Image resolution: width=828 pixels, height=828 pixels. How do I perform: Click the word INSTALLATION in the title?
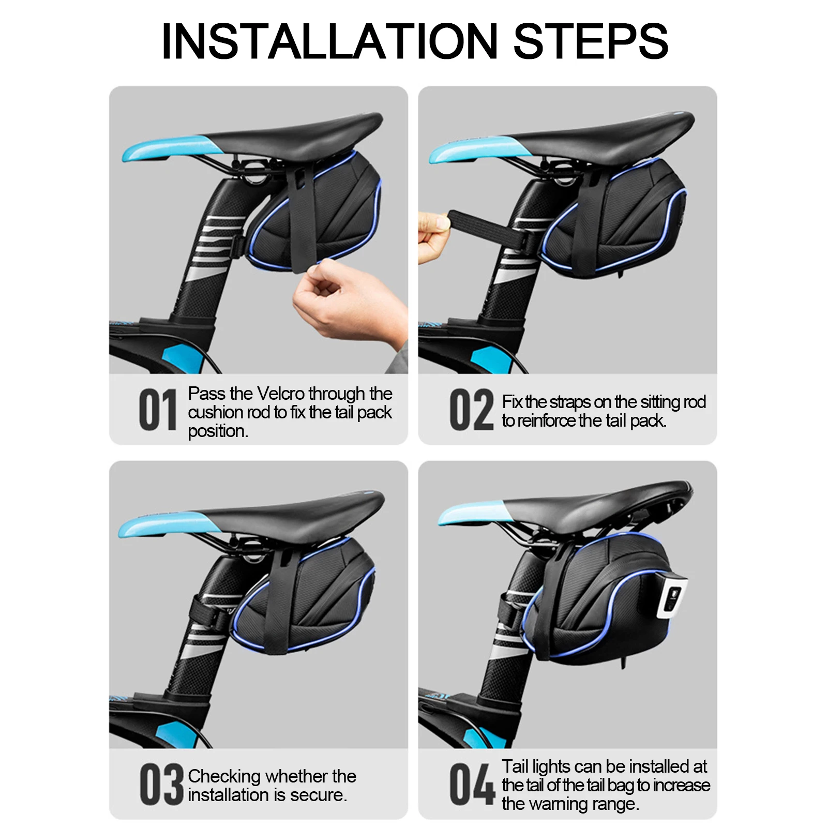coord(329,41)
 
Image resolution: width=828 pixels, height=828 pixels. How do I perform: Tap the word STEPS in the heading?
coord(591,41)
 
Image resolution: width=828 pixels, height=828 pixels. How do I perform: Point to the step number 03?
coord(161,785)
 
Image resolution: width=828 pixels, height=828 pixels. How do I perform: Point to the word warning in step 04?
coord(561,804)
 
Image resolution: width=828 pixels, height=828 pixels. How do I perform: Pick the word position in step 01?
coord(218,431)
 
